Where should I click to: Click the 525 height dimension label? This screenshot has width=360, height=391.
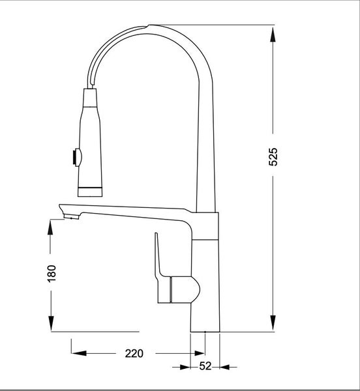[x=274, y=158]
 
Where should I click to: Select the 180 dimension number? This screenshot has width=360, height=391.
[x=52, y=274]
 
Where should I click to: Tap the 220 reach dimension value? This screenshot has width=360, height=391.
[x=133, y=354]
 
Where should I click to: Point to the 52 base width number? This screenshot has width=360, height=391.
[x=205, y=366]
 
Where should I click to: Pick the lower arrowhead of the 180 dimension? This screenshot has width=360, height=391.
[x=52, y=324]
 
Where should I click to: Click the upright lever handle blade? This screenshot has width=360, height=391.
[x=158, y=257]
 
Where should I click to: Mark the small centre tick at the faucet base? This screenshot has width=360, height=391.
[x=205, y=332]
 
